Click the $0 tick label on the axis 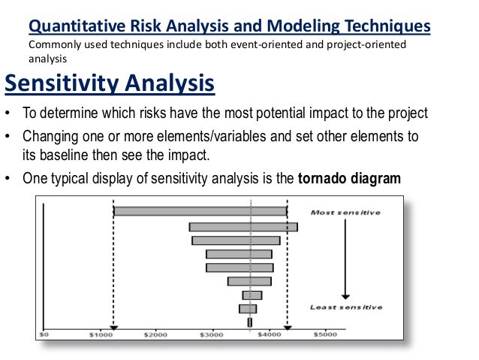(44, 334)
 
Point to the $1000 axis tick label (101, 334)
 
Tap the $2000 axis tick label (155, 334)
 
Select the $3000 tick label (212, 334)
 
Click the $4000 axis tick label (269, 334)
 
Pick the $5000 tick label (325, 334)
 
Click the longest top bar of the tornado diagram (200, 211)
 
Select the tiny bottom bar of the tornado (250, 322)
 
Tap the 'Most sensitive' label (345, 212)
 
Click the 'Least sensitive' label (346, 307)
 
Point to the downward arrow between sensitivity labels (345, 259)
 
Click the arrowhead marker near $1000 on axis (113, 328)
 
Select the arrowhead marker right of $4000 (288, 328)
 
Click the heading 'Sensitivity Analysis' (110, 83)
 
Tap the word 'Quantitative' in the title (77, 26)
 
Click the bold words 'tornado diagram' (349, 178)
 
